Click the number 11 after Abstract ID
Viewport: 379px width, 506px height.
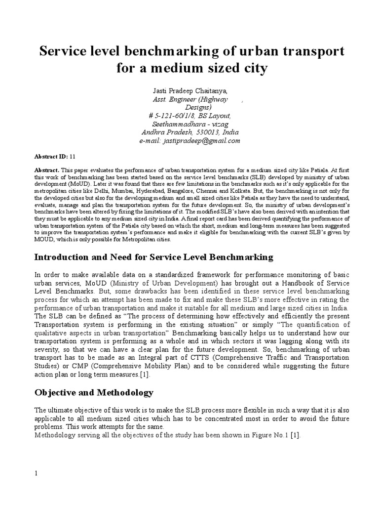point(73,156)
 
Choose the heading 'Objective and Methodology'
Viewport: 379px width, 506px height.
point(94,393)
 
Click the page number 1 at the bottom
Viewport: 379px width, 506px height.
point(36,473)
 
